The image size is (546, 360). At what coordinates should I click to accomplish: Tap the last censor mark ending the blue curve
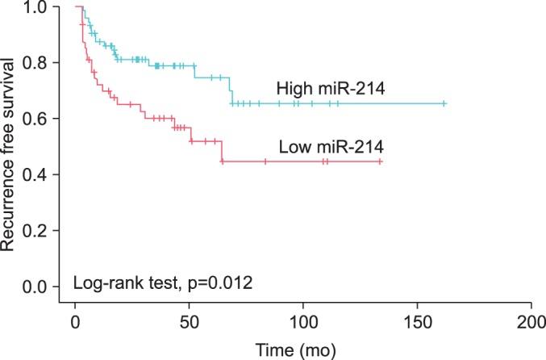(x=444, y=104)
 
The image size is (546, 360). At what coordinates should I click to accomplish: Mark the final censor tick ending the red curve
(x=379, y=161)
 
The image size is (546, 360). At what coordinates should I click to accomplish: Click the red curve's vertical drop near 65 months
(x=222, y=152)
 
